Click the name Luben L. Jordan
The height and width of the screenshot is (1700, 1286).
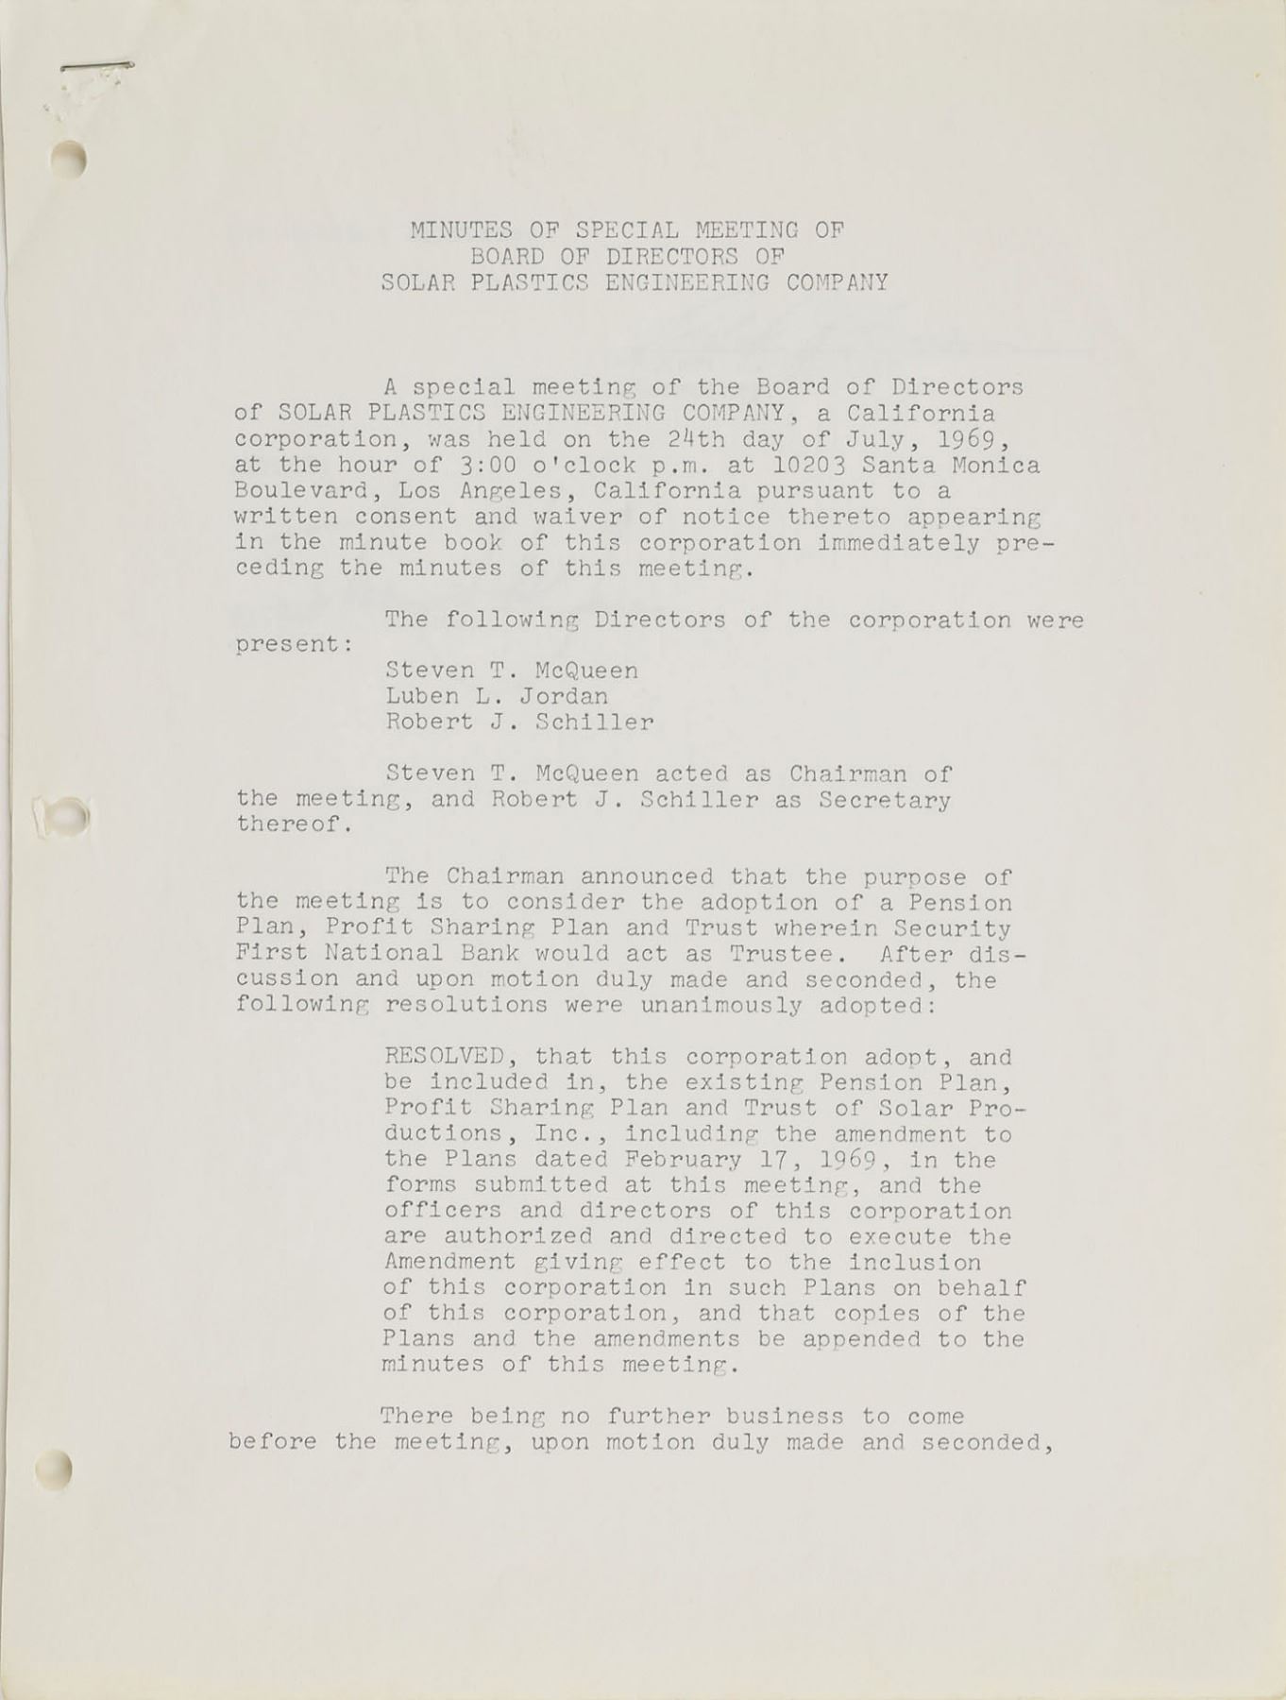tap(497, 696)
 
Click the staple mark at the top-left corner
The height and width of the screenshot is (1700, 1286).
tap(95, 67)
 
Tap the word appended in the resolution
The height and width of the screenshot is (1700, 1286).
tap(861, 1339)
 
